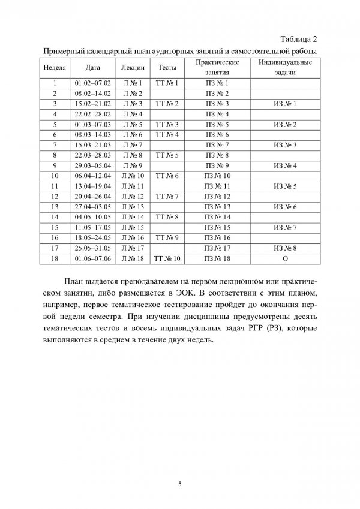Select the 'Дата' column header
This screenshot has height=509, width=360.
click(93, 68)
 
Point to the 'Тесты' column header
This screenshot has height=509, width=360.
click(167, 68)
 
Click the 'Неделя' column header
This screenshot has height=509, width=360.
click(55, 68)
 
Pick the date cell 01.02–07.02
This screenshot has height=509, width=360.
click(93, 83)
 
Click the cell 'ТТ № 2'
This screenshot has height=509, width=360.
click(167, 104)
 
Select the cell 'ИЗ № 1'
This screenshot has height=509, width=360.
click(285, 104)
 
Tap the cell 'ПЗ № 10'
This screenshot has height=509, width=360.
click(218, 176)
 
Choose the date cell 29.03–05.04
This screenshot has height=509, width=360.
click(93, 166)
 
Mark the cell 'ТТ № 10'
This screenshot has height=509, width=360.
click(167, 258)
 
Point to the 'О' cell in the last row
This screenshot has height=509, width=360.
click(285, 258)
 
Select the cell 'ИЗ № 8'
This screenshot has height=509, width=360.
click(285, 248)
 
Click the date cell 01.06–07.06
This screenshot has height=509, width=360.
click(93, 258)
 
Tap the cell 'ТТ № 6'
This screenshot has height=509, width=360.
click(167, 176)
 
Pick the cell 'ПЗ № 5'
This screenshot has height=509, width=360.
click(218, 125)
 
